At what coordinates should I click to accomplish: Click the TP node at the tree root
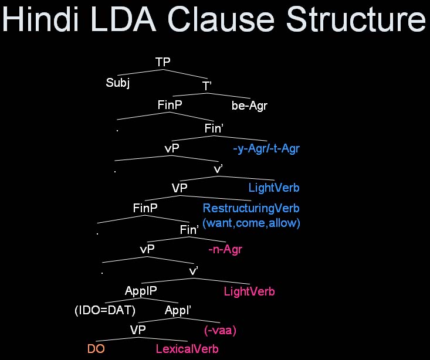pyautogui.click(x=163, y=62)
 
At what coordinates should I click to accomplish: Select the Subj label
pyautogui.click(x=117, y=83)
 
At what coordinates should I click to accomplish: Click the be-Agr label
pyautogui.click(x=249, y=106)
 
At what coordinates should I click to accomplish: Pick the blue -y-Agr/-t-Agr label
pyautogui.click(x=266, y=149)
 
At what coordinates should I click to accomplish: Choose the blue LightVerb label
pyautogui.click(x=274, y=188)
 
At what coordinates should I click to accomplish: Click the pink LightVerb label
pyautogui.click(x=249, y=291)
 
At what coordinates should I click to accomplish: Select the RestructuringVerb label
pyautogui.click(x=251, y=208)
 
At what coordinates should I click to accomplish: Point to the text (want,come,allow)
pyautogui.click(x=251, y=223)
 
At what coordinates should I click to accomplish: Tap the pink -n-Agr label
pyautogui.click(x=225, y=250)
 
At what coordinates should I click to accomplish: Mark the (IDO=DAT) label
pyautogui.click(x=106, y=310)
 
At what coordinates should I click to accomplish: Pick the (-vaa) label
pyautogui.click(x=220, y=330)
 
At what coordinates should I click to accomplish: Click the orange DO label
pyautogui.click(x=96, y=349)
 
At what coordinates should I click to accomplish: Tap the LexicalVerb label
pyautogui.click(x=187, y=349)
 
